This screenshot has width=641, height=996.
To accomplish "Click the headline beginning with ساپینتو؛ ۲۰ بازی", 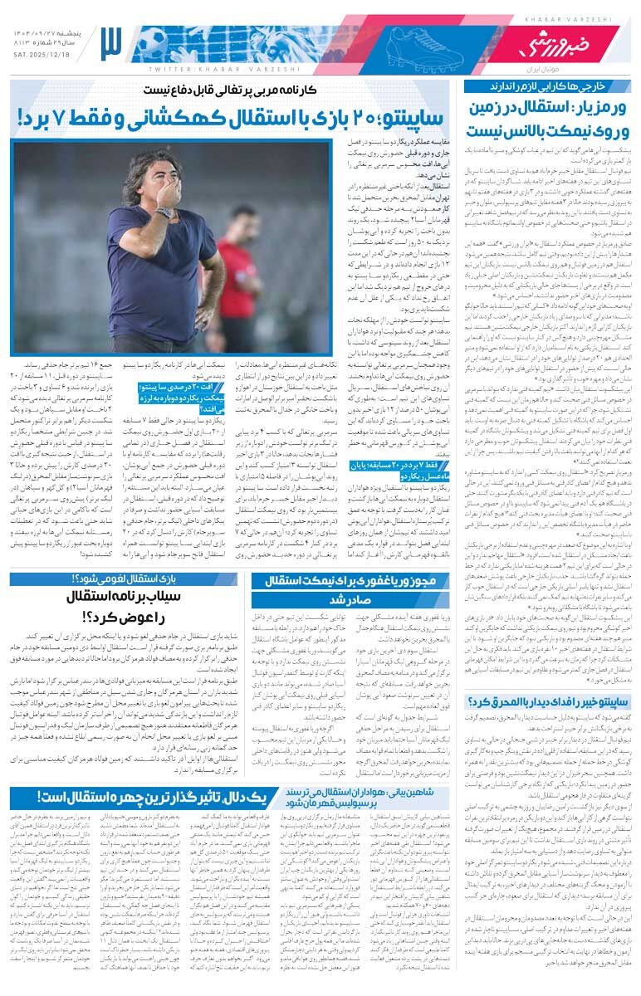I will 234,119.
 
